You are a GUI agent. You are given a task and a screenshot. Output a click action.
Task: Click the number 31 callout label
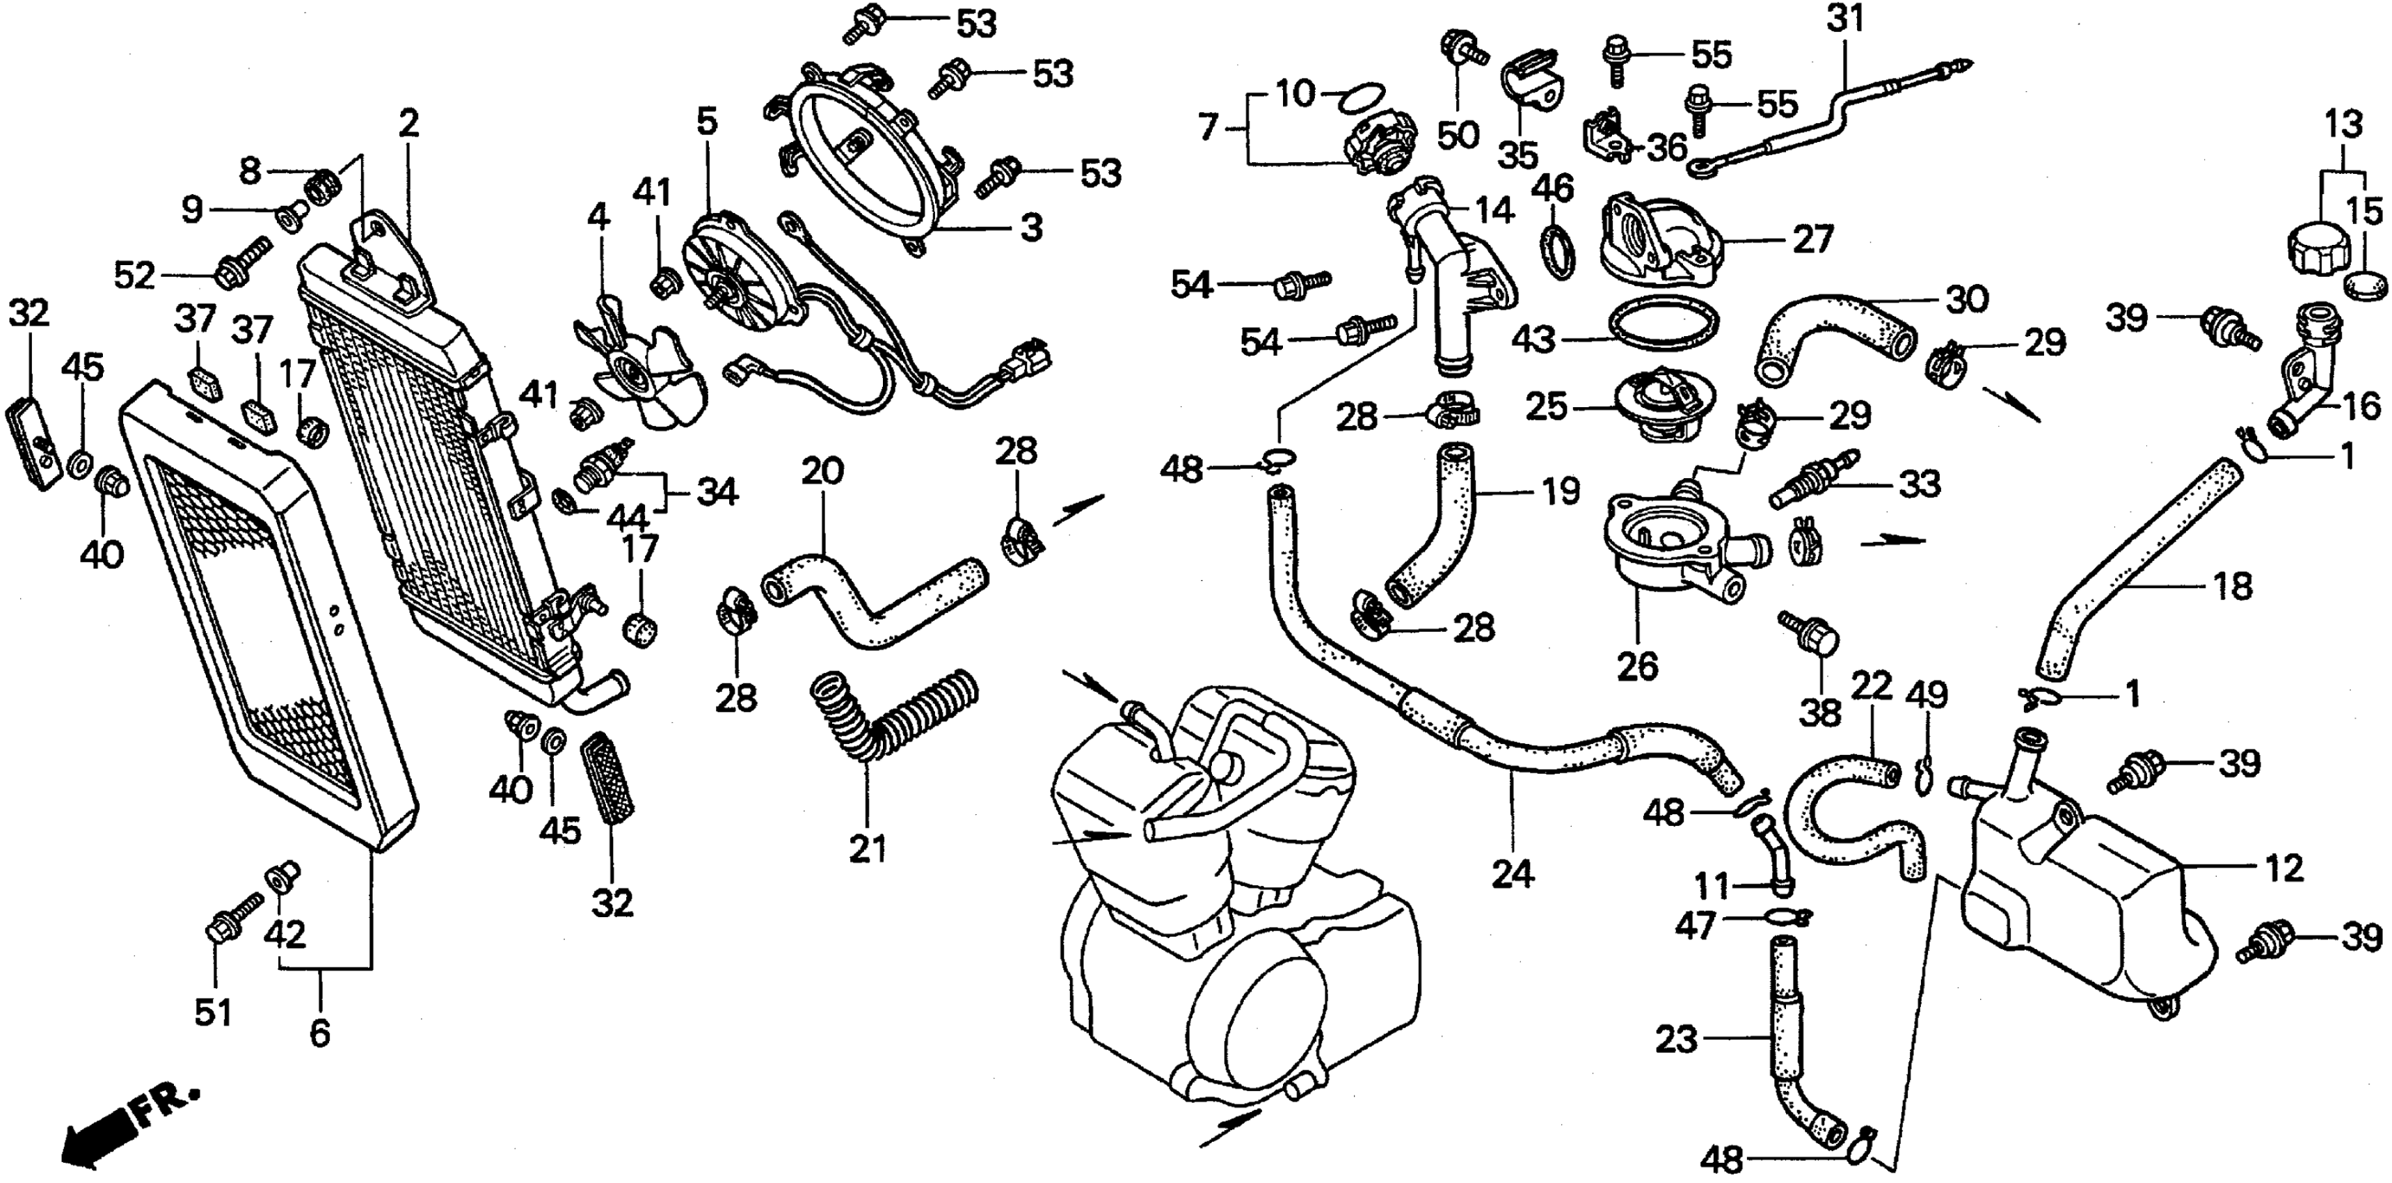[1845, 19]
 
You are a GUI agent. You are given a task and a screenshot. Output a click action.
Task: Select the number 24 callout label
[1513, 873]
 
